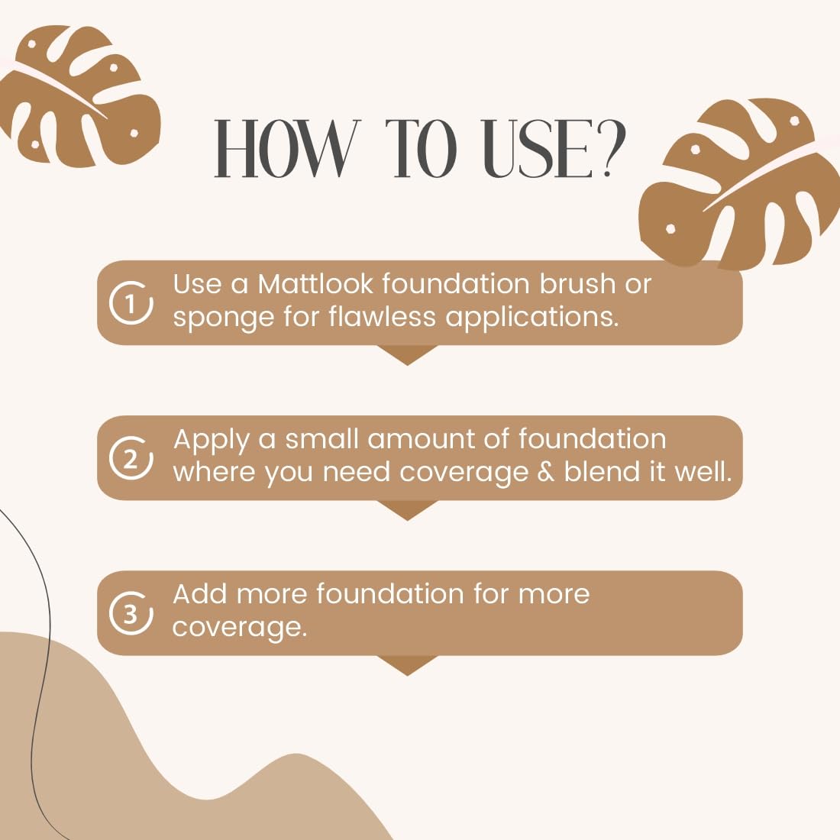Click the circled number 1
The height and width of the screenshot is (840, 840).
[131, 302]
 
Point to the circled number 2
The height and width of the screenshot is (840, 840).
[131, 458]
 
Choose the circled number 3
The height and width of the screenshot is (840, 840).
[131, 613]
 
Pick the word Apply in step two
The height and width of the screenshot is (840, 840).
[212, 441]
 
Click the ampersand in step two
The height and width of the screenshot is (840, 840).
[546, 471]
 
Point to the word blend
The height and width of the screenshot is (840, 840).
[602, 471]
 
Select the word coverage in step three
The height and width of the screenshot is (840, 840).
[240, 628]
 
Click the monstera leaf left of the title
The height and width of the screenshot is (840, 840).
[80, 96]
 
